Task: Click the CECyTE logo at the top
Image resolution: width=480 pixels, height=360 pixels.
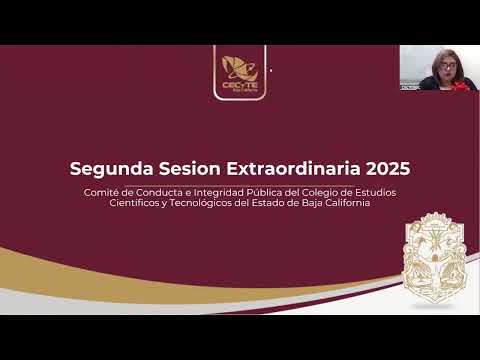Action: (x=239, y=71)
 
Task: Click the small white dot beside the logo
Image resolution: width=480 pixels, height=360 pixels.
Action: (x=271, y=71)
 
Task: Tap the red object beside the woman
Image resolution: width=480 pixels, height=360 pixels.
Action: (x=462, y=85)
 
